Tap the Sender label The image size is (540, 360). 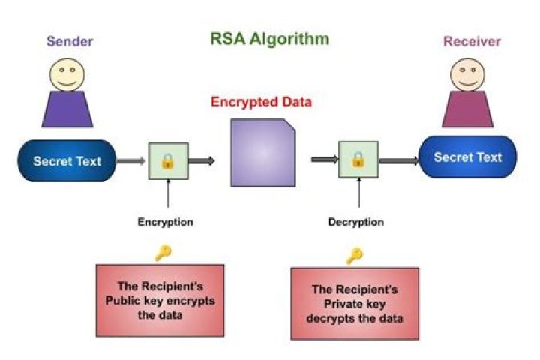pos(70,40)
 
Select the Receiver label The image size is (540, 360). pos(472,40)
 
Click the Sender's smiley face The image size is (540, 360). pos(67,73)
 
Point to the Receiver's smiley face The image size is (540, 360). pos(467,73)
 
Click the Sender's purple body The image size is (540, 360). pos(68,109)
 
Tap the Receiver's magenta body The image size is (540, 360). pos(467,109)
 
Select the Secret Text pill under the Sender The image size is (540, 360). pos(67,161)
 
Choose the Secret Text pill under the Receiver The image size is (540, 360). pos(469,157)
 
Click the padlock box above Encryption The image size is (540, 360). pos(168,160)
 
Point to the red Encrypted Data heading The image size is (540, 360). pos(261,102)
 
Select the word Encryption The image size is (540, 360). pos(166,222)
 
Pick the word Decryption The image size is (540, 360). pos(356,222)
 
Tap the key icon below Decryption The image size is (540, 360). pos(354,256)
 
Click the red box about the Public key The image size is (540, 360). pos(160,298)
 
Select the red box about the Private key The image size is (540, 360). pos(355,303)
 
